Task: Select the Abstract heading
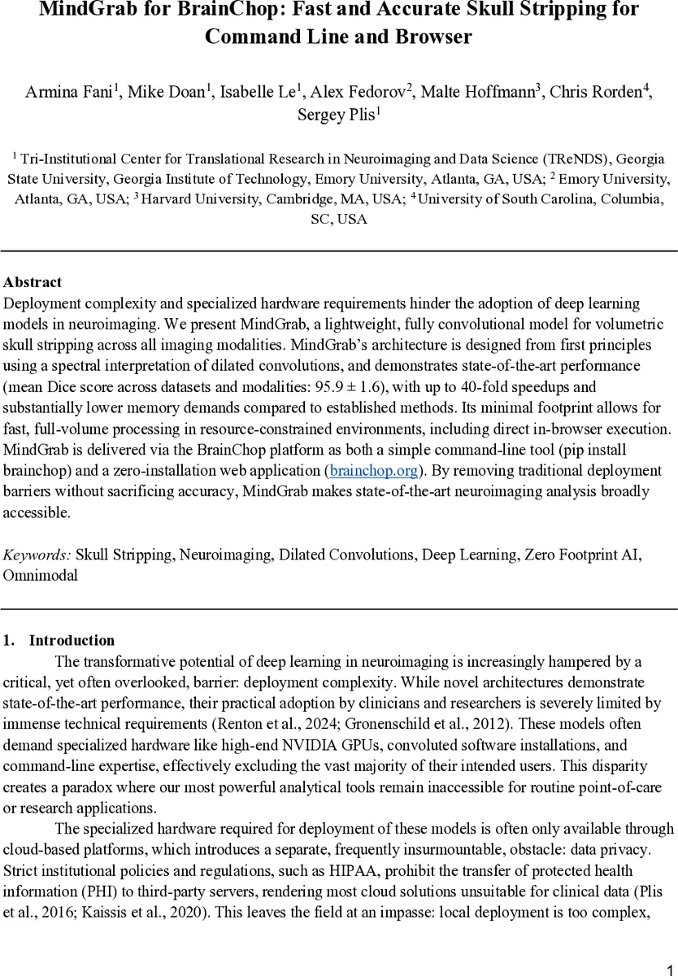click(33, 283)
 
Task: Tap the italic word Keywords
click(37, 555)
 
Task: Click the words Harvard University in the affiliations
click(192, 199)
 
